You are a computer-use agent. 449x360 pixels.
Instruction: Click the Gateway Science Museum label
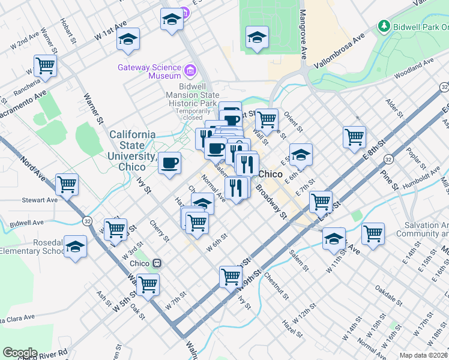point(149,71)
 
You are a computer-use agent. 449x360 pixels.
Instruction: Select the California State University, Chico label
point(132,151)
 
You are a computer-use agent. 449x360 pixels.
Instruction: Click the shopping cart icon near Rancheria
point(46,65)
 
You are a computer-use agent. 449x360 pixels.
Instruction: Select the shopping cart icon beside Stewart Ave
point(67,184)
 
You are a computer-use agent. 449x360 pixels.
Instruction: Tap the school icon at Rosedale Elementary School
point(76,247)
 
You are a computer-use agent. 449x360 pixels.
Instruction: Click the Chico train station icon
point(157,263)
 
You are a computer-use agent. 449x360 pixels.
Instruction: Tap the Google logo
point(20,353)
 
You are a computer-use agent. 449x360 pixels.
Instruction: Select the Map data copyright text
point(423,355)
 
